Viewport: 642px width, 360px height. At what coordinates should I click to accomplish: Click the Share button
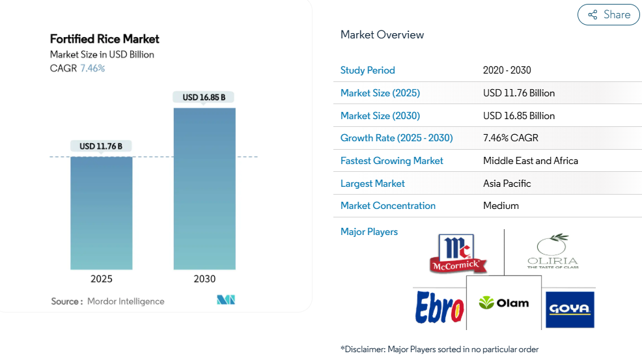coord(608,15)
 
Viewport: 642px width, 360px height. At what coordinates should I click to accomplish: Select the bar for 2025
coord(102,213)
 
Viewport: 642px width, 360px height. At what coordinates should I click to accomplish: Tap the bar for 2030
coord(204,189)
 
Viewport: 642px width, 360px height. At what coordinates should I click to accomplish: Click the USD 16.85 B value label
coord(204,97)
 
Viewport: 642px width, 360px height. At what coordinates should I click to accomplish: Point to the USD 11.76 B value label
coord(101,146)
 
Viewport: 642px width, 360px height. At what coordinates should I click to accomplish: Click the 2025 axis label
coord(102,279)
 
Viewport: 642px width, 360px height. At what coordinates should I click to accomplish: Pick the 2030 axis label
coord(204,279)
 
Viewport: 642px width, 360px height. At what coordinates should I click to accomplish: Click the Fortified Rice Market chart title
coord(105,39)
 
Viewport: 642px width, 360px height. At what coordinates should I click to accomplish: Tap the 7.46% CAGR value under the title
coord(92,68)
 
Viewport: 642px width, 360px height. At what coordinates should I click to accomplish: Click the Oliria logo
coord(552,253)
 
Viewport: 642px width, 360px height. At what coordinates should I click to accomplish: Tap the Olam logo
coord(504,303)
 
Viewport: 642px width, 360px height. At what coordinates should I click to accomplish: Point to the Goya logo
coord(569,309)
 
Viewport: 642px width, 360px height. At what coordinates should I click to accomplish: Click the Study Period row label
coord(368,70)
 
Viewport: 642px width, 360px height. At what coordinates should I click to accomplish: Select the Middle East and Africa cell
coord(531,161)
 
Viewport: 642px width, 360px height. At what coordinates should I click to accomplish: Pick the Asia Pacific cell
coord(507,184)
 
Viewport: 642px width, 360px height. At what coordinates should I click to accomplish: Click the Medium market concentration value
coord(501,206)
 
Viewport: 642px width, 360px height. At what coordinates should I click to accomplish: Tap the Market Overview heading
coord(382,35)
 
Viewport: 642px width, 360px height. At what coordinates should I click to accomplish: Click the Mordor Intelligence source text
coord(126,301)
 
